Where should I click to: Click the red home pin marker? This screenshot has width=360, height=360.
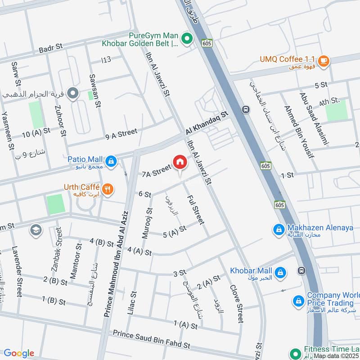180,162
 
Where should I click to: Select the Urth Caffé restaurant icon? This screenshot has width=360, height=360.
107,189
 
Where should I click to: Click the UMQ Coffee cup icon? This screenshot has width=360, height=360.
324,60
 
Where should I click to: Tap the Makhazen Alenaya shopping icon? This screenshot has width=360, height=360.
279,230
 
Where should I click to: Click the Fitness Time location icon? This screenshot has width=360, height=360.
295,353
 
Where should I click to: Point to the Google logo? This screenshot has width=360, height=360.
19,353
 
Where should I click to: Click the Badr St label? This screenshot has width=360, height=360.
52,49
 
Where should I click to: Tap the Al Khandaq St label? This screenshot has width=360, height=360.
207,123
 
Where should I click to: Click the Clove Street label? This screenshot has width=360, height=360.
236,303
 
